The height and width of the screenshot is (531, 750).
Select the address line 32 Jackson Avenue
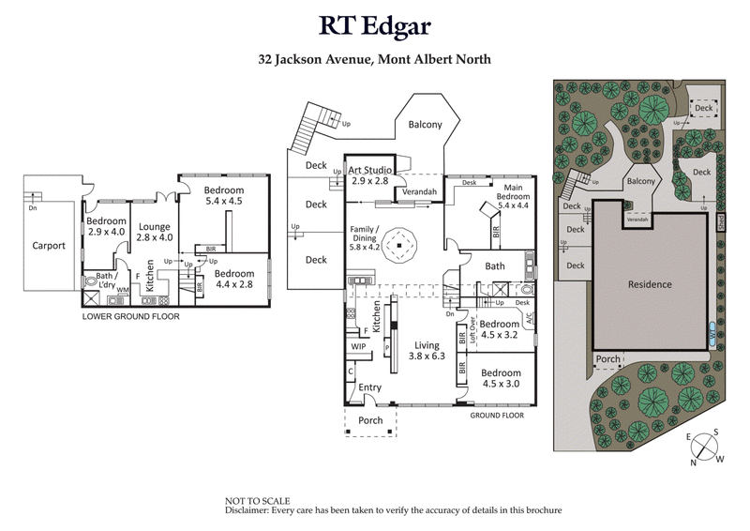point(375,59)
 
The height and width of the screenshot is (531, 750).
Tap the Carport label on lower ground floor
point(45,246)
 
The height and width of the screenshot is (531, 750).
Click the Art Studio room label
point(368,174)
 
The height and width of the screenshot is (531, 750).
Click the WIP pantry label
point(358,346)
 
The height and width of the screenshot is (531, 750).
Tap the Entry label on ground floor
point(370,387)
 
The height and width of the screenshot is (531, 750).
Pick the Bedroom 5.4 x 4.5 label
point(223,195)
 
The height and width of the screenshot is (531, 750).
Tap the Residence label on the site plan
point(650,284)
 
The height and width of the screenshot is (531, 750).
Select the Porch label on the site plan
point(607,358)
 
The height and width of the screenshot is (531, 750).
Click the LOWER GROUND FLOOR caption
point(130,316)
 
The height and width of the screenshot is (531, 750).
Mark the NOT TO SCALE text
point(257,501)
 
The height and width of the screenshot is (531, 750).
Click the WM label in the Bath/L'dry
point(122,291)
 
